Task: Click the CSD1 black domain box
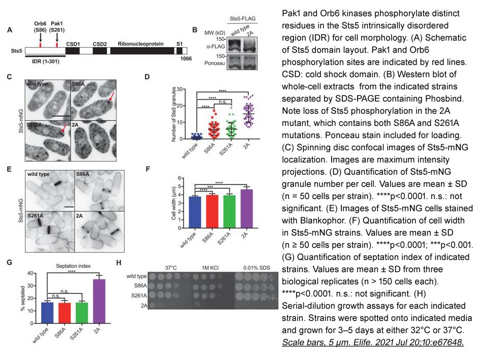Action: pos(73,51)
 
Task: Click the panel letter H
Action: pos(119,263)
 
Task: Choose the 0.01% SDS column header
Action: pos(255,268)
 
